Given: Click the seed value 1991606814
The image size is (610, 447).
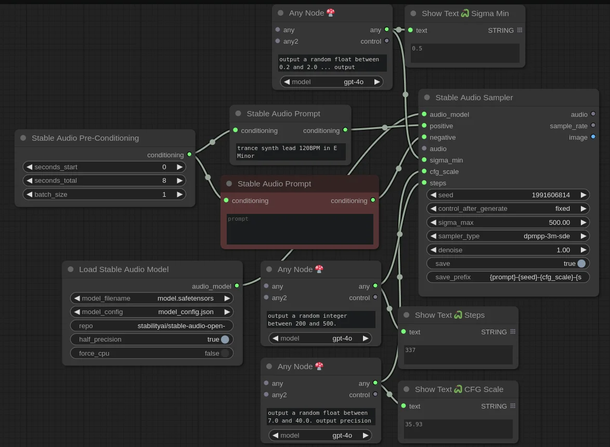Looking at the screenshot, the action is [x=551, y=195].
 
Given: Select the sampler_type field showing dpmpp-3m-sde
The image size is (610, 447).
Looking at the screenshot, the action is [x=508, y=236].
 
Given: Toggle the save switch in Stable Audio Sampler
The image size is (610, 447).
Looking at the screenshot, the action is [x=581, y=264].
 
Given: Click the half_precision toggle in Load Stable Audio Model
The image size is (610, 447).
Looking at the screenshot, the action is [x=225, y=340].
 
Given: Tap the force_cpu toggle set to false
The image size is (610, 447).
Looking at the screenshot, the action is [x=225, y=354].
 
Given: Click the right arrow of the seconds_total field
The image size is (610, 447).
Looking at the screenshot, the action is [x=180, y=181].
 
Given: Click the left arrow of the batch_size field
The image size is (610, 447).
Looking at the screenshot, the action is [x=29, y=195].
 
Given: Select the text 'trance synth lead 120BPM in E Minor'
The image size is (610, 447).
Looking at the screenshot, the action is [x=287, y=152].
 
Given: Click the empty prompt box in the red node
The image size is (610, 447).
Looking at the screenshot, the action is [x=300, y=229].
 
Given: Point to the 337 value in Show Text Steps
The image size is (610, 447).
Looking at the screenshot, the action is [x=410, y=350].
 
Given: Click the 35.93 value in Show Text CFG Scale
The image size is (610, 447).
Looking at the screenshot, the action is [x=413, y=424].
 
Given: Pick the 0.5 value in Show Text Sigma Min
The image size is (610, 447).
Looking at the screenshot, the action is [x=417, y=49].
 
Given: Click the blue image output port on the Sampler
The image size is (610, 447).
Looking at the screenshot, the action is [x=593, y=137].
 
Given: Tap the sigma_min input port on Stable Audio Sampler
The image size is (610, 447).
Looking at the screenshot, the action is [x=424, y=160].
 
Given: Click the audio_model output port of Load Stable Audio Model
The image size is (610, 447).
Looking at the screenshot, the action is [x=237, y=286].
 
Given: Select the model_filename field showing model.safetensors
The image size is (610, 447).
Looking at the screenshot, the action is [x=152, y=298].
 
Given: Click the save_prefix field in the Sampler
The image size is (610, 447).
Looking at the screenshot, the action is [x=508, y=277].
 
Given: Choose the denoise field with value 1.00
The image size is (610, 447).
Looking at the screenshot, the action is [x=508, y=250].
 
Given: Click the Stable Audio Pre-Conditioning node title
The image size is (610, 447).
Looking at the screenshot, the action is [x=85, y=138].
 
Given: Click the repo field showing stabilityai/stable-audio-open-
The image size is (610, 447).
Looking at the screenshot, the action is [x=152, y=326].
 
